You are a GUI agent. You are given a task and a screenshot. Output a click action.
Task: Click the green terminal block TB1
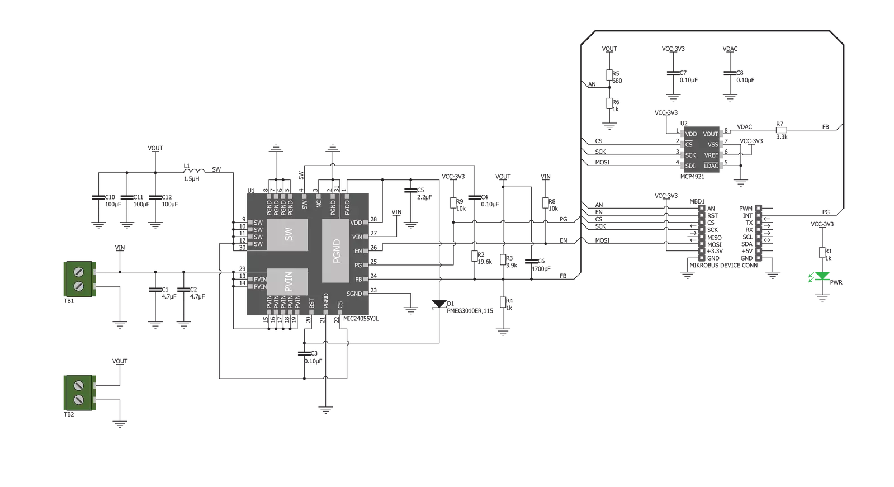coord(80,279)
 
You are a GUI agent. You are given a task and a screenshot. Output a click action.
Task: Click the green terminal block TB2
coord(80,393)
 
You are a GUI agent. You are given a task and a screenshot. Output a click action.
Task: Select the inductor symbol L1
coord(195,171)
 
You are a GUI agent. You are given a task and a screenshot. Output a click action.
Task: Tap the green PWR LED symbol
coord(822,276)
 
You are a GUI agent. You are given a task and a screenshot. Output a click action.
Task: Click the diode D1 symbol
coord(439,304)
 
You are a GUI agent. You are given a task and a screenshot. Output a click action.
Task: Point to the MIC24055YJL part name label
coord(361,319)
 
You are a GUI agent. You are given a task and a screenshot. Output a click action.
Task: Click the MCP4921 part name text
coord(692,177)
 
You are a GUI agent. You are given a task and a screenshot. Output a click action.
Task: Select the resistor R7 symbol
coord(782,130)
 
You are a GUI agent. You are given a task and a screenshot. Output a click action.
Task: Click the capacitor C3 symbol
coord(304,354)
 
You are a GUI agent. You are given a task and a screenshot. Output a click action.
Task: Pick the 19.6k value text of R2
coord(485,262)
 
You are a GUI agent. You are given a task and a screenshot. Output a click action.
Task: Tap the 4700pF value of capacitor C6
coord(541,269)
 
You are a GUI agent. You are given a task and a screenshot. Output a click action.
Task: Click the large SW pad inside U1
coord(287,235)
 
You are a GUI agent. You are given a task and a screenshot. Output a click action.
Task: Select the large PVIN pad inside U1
coord(287,282)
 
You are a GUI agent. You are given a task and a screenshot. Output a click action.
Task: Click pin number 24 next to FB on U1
coord(373,276)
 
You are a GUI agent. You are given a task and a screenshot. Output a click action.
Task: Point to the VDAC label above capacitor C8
coord(730,49)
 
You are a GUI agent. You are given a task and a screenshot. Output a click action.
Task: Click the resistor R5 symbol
coord(609,75)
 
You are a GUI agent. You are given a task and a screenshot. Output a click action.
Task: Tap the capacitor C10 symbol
coord(98,197)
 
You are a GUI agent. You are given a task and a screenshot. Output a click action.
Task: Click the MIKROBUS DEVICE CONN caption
coord(723,265)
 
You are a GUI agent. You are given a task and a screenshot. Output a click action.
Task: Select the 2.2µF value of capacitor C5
coord(424,197)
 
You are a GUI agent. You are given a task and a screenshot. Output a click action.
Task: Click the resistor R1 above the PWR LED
coord(822,252)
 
